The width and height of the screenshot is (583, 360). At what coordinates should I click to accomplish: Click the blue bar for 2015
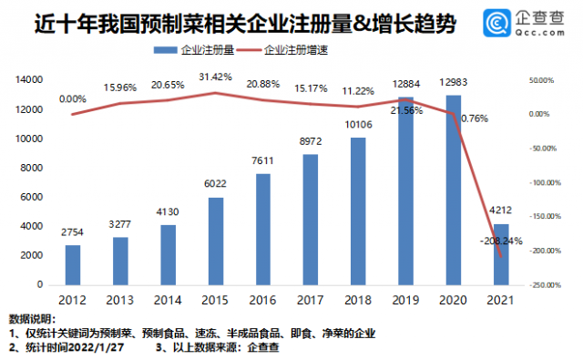216,242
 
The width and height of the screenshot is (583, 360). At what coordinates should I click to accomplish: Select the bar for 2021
501,255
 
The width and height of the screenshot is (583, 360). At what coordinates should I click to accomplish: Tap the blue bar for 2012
73,265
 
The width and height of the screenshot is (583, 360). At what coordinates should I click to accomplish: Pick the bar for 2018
358,211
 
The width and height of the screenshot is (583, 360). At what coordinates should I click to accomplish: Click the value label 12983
454,82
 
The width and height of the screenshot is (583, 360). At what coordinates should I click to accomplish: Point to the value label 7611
262,160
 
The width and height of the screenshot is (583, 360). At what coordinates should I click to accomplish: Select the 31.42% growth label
215,77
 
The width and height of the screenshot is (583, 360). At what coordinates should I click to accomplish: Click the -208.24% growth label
501,241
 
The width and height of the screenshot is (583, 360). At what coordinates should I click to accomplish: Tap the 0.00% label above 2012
73,99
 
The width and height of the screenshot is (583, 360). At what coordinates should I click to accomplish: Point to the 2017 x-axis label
311,300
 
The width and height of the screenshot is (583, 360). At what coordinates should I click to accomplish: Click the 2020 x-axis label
453,300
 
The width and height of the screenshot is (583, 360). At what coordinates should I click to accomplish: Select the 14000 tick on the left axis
29,79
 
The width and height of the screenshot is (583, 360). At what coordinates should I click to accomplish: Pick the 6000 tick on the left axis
32,197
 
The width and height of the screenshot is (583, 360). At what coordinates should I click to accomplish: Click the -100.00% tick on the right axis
545,182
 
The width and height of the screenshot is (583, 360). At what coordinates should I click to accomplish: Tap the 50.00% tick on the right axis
542,80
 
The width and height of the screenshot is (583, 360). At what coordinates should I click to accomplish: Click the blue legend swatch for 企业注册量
166,50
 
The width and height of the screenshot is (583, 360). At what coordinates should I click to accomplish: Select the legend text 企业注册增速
296,50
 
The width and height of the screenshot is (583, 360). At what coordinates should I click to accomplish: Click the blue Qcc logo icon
496,23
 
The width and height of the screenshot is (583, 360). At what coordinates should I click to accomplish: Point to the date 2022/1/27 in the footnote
96,347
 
